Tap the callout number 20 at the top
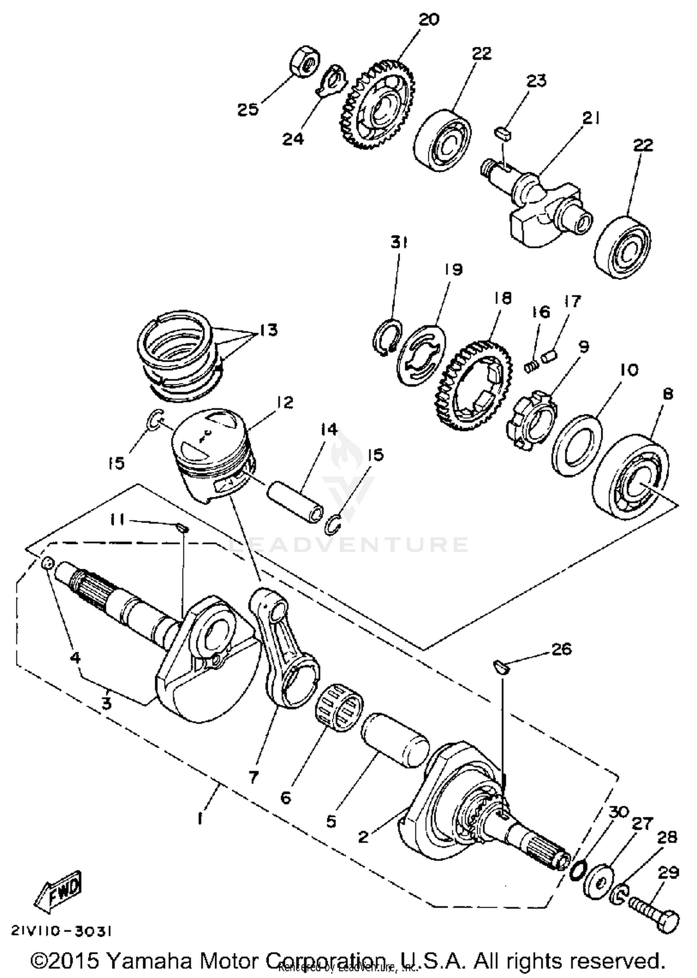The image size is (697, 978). pos(428,20)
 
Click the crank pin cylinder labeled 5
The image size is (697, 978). pos(395,739)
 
